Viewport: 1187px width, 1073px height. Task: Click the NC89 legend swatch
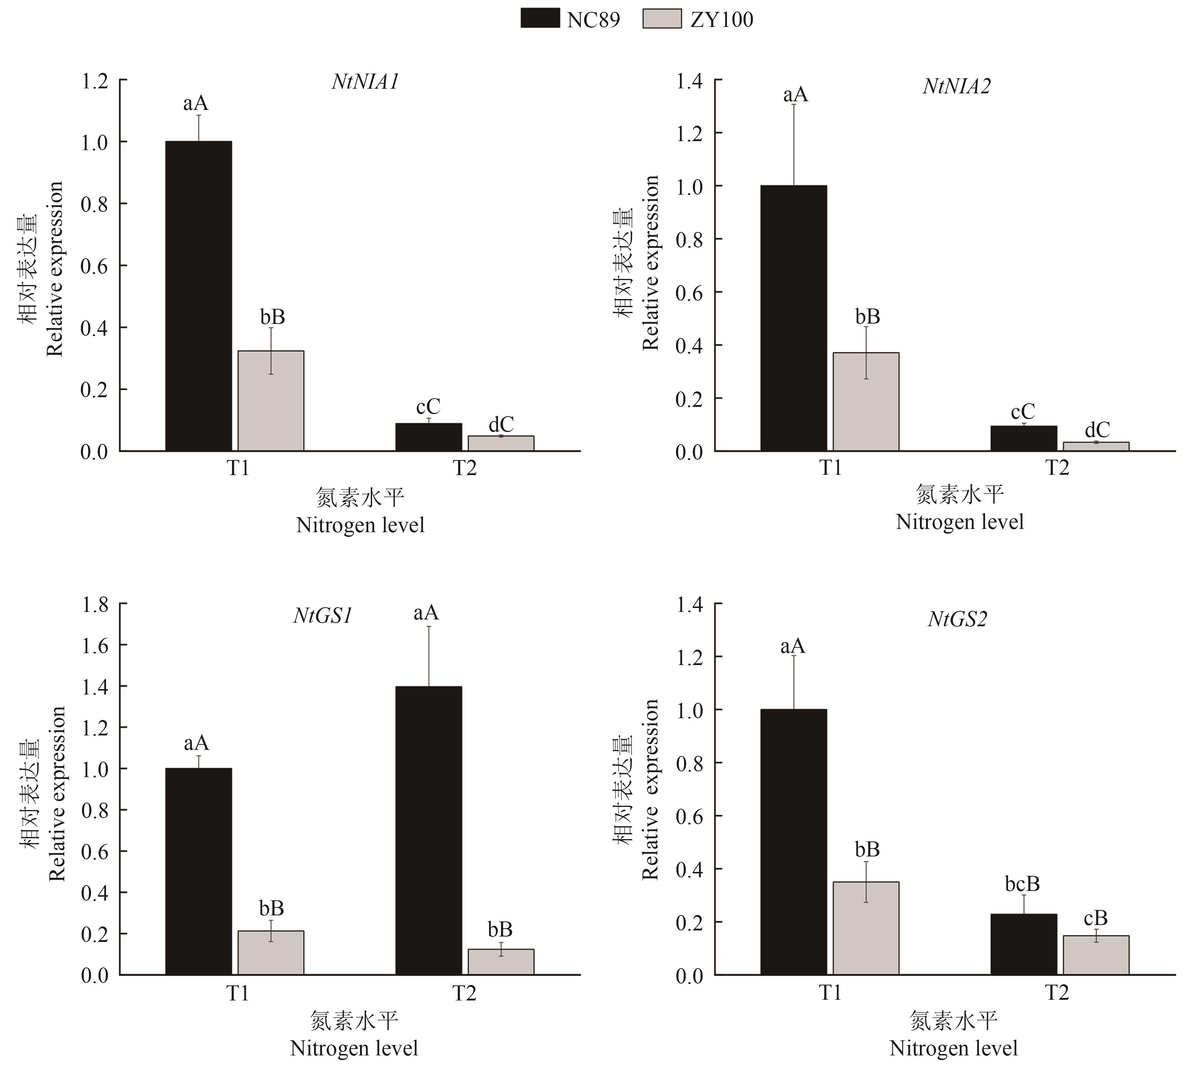[x=540, y=18]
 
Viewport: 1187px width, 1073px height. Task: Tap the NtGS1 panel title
[x=323, y=616]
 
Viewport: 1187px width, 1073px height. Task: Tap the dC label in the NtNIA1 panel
[x=501, y=424]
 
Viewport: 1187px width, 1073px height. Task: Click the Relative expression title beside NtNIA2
[x=651, y=263]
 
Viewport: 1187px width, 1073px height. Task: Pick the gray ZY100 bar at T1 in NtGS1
[x=271, y=953]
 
